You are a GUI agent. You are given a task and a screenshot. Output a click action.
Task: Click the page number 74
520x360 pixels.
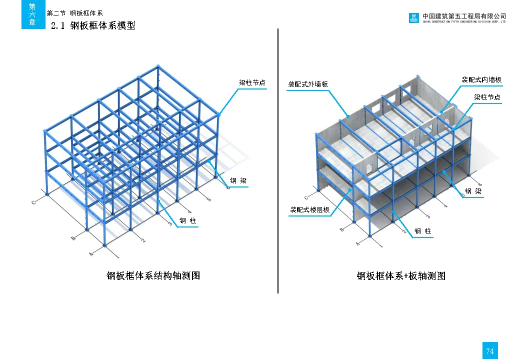(489, 351)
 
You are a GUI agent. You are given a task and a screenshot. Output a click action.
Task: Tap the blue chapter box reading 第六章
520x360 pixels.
(32, 14)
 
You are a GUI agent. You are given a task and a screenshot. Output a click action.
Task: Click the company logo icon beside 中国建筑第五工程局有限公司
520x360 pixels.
(414, 18)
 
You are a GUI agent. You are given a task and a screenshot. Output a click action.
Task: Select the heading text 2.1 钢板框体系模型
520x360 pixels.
(93, 25)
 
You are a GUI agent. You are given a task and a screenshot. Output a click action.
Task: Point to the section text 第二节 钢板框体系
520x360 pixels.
(74, 13)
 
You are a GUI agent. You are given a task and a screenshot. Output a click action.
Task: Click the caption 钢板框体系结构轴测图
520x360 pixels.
(153, 275)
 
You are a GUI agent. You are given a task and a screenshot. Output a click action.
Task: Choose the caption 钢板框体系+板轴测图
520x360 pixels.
(400, 275)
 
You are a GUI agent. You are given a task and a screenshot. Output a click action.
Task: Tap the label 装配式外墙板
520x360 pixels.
(308, 84)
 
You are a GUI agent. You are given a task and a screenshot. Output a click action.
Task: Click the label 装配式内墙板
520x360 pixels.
(481, 79)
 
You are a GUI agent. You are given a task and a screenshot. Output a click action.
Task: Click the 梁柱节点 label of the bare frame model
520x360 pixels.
(252, 83)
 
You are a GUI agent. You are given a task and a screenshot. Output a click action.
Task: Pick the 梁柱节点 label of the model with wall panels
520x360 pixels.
(487, 97)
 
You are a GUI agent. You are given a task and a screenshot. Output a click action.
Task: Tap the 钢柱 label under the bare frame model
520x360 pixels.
(188, 220)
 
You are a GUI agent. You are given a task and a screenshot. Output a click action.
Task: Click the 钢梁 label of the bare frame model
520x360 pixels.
(238, 180)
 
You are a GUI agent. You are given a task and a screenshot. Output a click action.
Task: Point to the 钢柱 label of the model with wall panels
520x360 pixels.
(422, 231)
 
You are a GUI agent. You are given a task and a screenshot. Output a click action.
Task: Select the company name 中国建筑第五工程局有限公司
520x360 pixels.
(464, 16)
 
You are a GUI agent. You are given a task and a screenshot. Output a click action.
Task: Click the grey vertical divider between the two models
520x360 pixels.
(277, 160)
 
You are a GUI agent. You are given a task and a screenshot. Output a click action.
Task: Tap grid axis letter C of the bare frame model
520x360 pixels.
(33, 202)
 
